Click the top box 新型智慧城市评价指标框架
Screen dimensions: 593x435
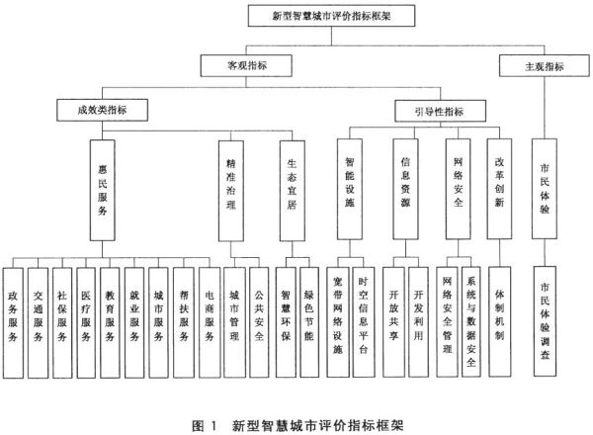pyautogui.click(x=331, y=16)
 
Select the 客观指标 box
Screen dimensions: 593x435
pyautogui.click(x=246, y=66)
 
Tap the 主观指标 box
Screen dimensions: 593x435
pyautogui.click(x=545, y=66)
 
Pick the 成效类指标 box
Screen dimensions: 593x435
pyautogui.click(x=102, y=110)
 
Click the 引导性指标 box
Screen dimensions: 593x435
pyautogui.click(x=440, y=111)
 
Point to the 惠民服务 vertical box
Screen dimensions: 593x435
pyautogui.click(x=103, y=190)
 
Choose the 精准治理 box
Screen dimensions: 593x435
pyautogui.click(x=231, y=191)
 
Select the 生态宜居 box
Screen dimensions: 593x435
pyautogui.click(x=293, y=191)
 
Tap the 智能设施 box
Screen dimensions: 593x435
pyautogui.click(x=350, y=189)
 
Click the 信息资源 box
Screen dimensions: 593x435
pyautogui.click(x=405, y=189)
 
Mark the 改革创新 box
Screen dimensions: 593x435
pyautogui.click(x=499, y=189)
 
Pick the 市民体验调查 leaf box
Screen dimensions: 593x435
pyautogui.click(x=545, y=321)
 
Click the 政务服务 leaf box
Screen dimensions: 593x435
pyautogui.click(x=13, y=323)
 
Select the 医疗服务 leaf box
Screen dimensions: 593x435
pyautogui.click(x=86, y=323)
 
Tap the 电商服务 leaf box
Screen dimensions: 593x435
pyautogui.click(x=210, y=322)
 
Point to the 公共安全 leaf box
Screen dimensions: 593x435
pyautogui.click(x=259, y=322)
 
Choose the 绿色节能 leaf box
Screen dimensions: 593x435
pyautogui.click(x=309, y=322)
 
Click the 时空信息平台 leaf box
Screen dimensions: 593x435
pyautogui.click(x=364, y=322)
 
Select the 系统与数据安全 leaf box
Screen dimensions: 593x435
pyautogui.click(x=471, y=322)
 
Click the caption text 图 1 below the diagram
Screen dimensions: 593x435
pyautogui.click(x=205, y=426)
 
